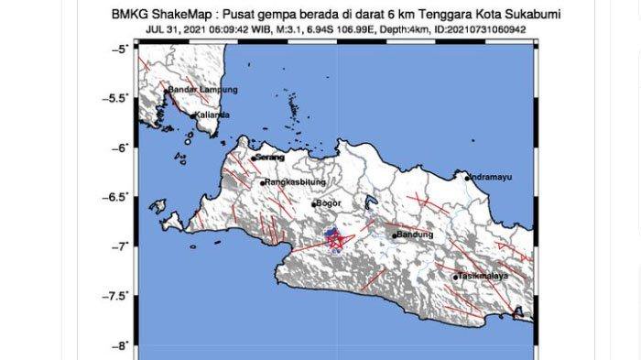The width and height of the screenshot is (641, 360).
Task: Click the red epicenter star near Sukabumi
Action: pos(335,241)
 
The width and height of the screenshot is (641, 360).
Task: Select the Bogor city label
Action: pos(327,203)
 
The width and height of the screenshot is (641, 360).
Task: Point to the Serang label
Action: pos(270,158)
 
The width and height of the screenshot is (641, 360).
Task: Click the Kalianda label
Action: pos(212,115)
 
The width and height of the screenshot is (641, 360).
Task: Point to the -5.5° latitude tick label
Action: pos(119,97)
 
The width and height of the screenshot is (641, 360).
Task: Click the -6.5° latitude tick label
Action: pos(119,196)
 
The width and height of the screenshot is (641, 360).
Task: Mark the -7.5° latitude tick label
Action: pos(119,296)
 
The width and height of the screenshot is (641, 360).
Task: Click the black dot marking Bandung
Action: pos(395,235)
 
